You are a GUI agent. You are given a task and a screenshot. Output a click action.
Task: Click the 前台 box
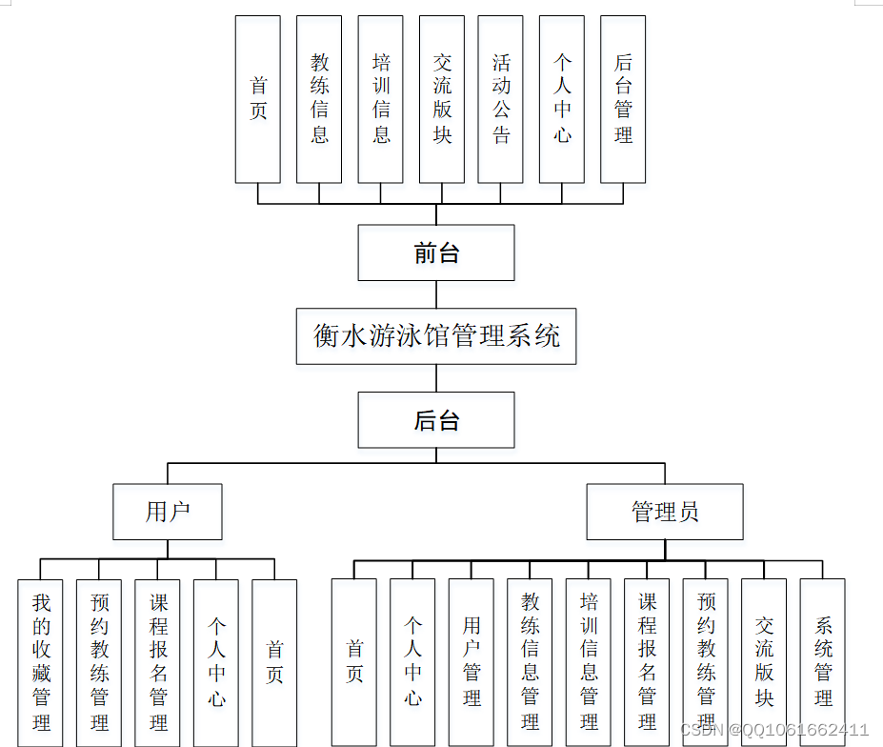[x=436, y=253]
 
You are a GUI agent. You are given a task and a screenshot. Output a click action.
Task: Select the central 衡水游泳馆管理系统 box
[x=436, y=335]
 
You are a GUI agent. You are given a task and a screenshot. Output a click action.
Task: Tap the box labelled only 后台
[x=436, y=420]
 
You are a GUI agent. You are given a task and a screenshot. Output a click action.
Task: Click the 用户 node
[x=168, y=512]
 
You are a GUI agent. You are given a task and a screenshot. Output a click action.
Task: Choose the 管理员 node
[x=665, y=512]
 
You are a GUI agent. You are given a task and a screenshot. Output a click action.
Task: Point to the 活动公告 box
[x=501, y=99]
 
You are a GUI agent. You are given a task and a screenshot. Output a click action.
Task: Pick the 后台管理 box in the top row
[x=623, y=99]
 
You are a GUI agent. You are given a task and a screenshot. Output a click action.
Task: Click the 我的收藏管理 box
[x=41, y=662]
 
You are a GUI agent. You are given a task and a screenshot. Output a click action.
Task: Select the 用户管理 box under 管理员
[x=472, y=662]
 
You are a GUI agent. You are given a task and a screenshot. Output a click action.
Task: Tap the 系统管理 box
[x=823, y=662]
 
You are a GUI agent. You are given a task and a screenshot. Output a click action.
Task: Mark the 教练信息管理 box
[x=531, y=662]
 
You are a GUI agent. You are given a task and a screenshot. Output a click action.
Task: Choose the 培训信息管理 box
[x=589, y=662]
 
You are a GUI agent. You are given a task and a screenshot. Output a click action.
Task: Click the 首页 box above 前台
[x=258, y=99]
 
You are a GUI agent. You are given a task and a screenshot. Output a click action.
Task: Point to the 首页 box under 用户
[x=274, y=662]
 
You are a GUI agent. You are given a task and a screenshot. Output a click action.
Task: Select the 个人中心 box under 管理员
[x=412, y=662]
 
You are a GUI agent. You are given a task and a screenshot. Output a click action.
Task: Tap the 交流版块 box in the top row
[x=442, y=99]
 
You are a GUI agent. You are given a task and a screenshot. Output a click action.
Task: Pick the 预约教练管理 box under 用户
[x=99, y=662]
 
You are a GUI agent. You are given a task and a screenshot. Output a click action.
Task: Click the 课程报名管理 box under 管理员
[x=648, y=662]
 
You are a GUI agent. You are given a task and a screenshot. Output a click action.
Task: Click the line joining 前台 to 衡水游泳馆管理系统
[x=436, y=294]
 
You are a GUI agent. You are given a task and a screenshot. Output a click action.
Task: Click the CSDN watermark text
[x=773, y=730]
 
